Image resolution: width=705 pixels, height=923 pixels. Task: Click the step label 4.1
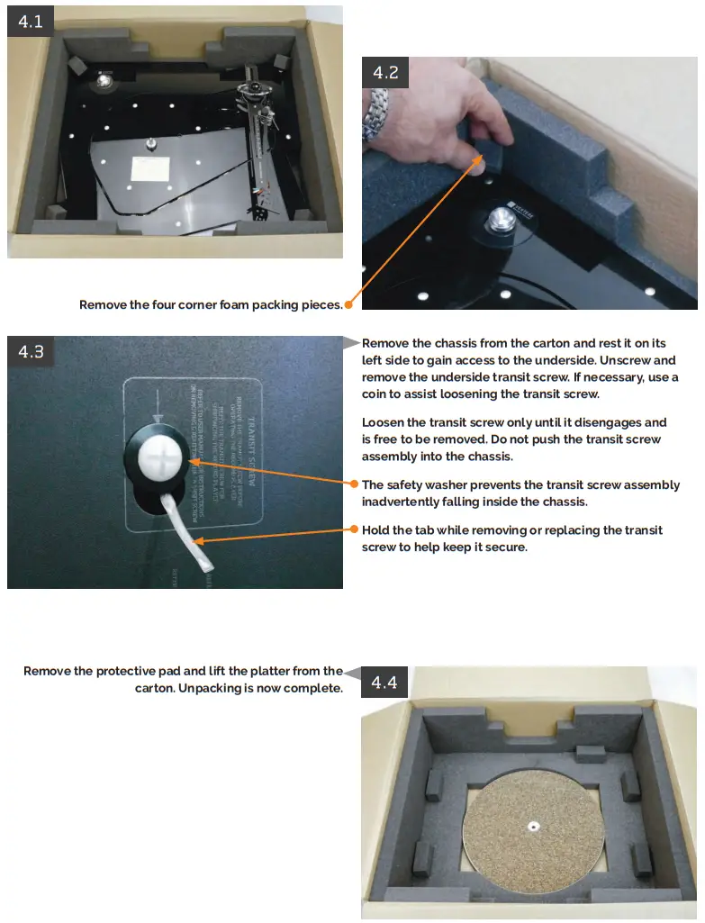coord(31,22)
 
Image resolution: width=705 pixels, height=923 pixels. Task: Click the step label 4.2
coord(385,73)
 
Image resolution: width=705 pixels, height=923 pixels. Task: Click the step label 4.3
coord(31,351)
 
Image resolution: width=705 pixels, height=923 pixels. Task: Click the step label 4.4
coord(384,683)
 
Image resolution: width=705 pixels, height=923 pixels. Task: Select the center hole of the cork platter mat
coord(533,823)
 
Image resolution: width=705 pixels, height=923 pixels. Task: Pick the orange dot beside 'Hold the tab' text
coord(355,529)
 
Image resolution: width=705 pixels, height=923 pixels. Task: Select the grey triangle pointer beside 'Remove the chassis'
coord(353,342)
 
